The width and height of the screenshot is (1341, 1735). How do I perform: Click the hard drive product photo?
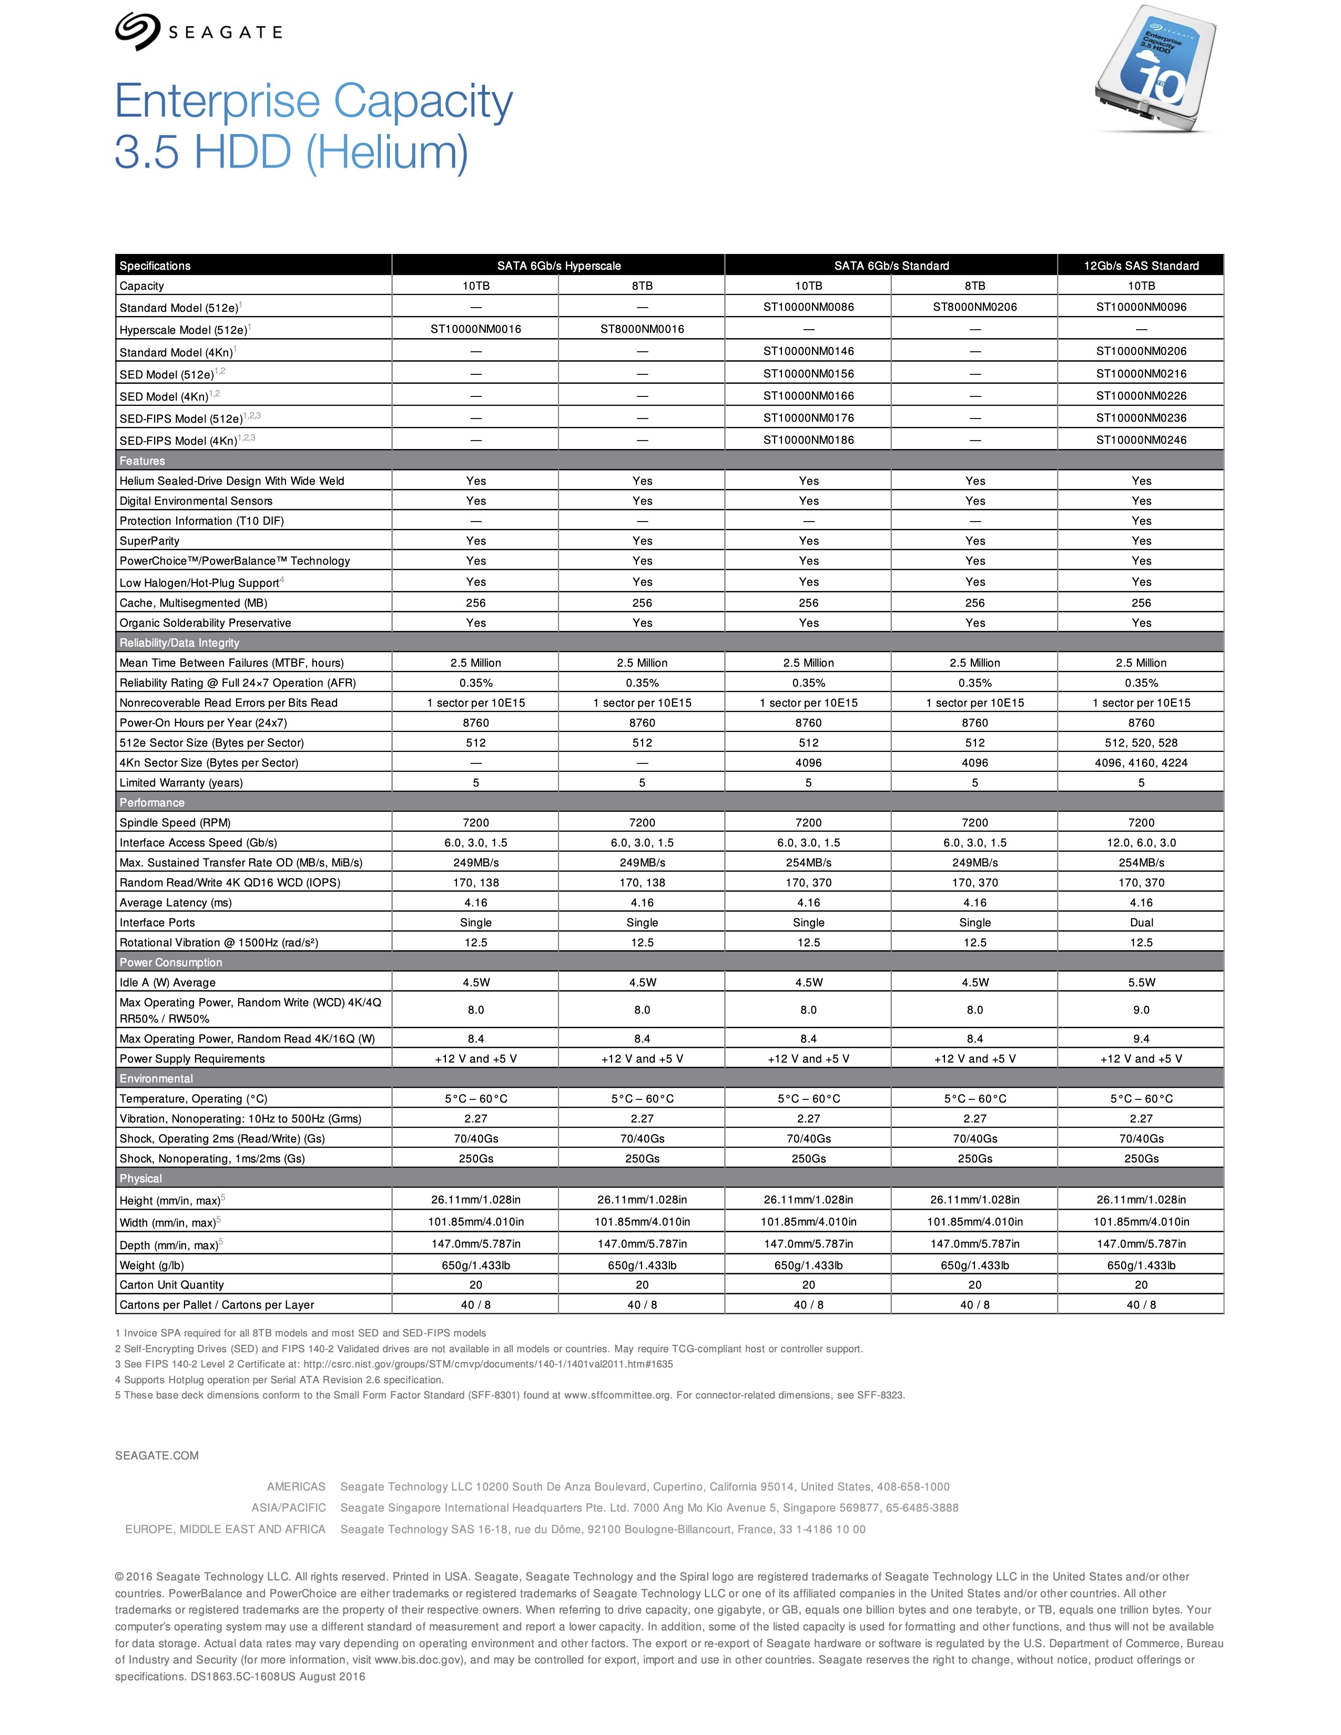coord(1156,70)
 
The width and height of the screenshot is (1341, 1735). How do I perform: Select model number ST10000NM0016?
coord(476,329)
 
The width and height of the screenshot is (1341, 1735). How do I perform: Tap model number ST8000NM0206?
coord(975,307)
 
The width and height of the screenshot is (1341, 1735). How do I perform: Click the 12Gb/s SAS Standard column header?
coord(1141,266)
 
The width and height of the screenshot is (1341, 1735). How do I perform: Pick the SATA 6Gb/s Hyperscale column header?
coord(558,266)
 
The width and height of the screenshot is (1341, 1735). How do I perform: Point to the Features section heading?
coord(142,461)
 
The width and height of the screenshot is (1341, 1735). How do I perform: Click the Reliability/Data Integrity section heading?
coord(179,642)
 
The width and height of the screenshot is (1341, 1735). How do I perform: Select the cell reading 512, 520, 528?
coord(1141,743)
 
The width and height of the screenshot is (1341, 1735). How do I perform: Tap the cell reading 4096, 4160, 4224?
coord(1141,763)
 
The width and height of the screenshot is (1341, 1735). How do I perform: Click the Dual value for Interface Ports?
coord(1141,922)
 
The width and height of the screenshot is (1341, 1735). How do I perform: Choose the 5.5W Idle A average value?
coord(1141,983)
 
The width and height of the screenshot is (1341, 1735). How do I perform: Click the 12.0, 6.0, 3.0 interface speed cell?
coord(1141,843)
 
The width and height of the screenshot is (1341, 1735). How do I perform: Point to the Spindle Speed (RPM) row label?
coord(175,823)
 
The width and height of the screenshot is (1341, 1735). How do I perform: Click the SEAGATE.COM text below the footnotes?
coord(157,1455)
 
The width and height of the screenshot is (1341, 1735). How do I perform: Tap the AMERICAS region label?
coord(296,1486)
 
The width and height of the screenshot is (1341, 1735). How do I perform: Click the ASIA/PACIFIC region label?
coord(288,1508)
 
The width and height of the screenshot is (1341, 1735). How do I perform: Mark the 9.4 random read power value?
coord(1141,1038)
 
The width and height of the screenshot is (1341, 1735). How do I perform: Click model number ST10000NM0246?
coord(1141,440)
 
